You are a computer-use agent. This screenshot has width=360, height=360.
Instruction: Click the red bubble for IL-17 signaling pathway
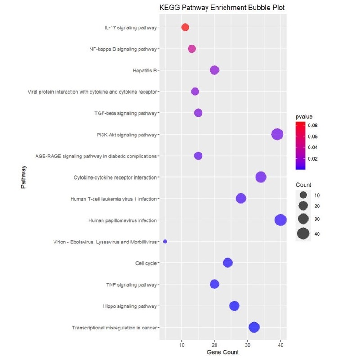pyautogui.click(x=185, y=27)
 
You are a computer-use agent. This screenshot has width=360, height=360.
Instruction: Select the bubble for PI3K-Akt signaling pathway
pyautogui.click(x=277, y=135)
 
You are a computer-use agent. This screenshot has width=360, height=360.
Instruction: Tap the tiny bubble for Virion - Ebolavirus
pyautogui.click(x=165, y=242)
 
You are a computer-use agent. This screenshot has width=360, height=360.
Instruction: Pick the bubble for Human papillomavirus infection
pyautogui.click(x=281, y=220)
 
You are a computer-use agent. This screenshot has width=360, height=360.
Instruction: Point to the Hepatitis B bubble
pyautogui.click(x=215, y=70)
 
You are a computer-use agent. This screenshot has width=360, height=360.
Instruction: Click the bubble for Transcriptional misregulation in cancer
pyautogui.click(x=254, y=327)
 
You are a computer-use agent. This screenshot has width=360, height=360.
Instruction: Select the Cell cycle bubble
pyautogui.click(x=228, y=263)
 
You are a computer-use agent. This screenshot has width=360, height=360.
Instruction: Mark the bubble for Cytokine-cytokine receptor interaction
pyautogui.click(x=261, y=177)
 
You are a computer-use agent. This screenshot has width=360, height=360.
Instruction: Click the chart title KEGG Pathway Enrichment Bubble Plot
pyautogui.click(x=222, y=8)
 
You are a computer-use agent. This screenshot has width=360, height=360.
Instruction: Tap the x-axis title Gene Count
pyautogui.click(x=222, y=351)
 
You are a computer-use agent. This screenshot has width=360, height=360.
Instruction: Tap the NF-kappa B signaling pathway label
pyautogui.click(x=123, y=49)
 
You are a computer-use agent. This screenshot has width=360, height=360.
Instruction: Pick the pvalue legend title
pyautogui.click(x=304, y=117)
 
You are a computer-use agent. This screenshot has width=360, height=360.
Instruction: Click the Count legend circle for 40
pyautogui.click(x=303, y=234)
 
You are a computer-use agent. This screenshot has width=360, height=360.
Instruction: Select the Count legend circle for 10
pyautogui.click(x=303, y=195)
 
